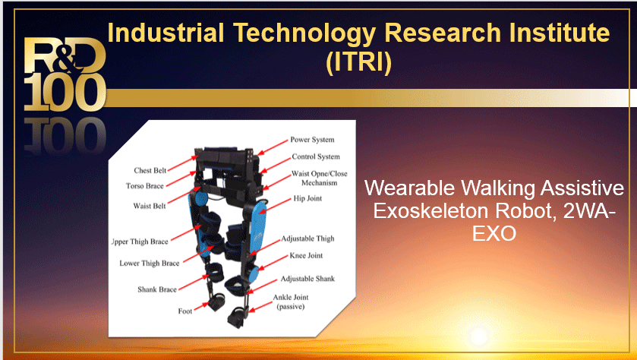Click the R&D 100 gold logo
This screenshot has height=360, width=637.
point(65,74)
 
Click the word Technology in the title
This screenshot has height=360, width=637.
point(304,33)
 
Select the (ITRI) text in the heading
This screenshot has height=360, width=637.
point(358,62)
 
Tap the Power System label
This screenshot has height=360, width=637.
point(312,140)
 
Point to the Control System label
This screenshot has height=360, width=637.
point(316,157)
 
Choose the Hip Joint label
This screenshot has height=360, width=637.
point(307,198)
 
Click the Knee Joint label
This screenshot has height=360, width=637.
point(306,256)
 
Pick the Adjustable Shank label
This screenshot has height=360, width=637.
point(307,279)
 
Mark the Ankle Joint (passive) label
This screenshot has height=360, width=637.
point(291,302)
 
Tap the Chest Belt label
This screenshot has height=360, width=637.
point(150,171)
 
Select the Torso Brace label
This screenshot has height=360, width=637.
point(144,186)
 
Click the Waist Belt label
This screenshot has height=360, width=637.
point(150,206)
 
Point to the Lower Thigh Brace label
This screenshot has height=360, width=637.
point(150,264)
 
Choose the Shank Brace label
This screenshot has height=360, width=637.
point(157,289)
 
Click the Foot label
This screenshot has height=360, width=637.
point(184,311)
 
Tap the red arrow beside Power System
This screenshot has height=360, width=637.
point(273,147)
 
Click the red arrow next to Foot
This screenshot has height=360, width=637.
point(201,307)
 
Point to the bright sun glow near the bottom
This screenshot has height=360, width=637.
point(478,336)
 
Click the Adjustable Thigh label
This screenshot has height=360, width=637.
point(307,238)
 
